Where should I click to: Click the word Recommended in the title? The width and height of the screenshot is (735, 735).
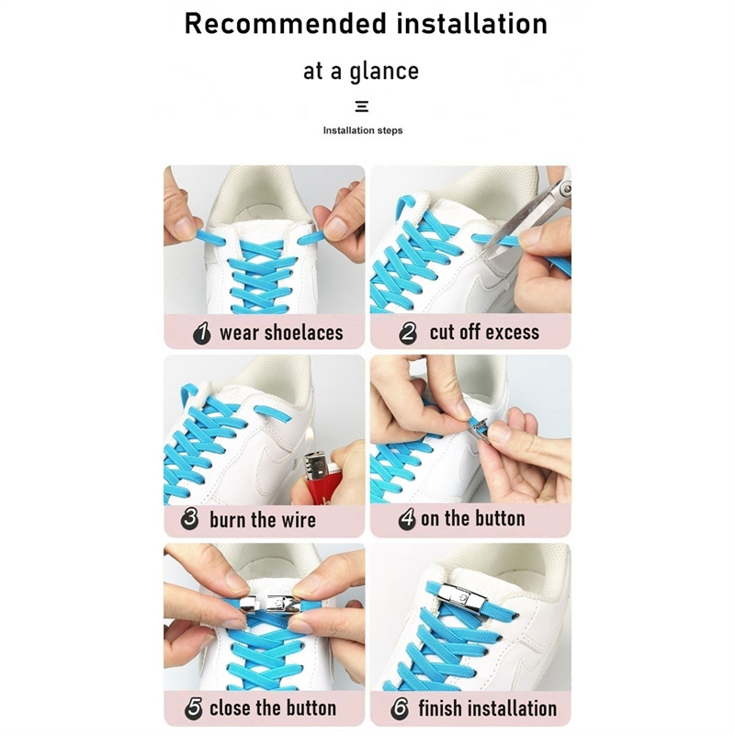coord(286,24)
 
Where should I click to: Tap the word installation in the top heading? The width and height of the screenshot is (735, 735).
coord(472,24)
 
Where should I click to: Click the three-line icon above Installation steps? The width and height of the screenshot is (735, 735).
coord(362,107)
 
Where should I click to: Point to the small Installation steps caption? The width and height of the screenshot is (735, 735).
coord(363,130)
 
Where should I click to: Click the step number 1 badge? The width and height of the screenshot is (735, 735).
coord(202,334)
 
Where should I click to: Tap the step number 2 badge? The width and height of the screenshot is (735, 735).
coord(408,334)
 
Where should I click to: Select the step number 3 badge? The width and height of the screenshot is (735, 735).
coord(190,519)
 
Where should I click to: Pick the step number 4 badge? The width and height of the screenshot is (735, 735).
coord(407,519)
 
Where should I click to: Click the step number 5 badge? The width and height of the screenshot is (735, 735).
coord(194,708)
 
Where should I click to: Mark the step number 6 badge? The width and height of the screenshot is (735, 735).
coord(400,708)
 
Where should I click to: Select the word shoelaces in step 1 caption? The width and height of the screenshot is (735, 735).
coord(304,333)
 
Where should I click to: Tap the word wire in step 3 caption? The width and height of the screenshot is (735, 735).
coord(298,520)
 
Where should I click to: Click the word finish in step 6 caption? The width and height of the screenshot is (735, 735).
coord(441,708)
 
